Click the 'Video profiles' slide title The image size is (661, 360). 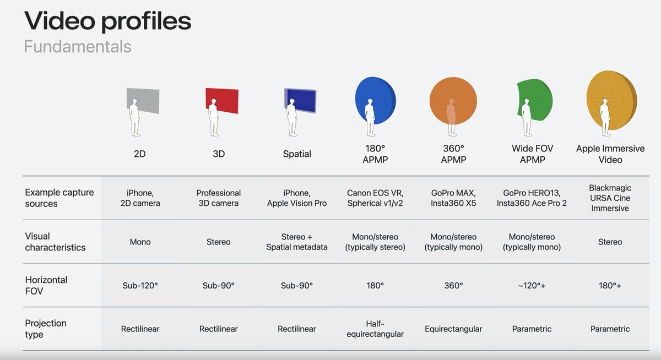click(107, 21)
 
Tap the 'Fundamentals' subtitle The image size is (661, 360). click(78, 47)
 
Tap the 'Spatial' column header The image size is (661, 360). click(297, 154)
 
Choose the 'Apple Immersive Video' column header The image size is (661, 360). click(610, 154)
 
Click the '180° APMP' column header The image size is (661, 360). click(375, 154)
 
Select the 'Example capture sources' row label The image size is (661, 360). click(59, 198)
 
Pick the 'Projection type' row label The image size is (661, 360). click(46, 329)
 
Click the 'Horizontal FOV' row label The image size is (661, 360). click(46, 285)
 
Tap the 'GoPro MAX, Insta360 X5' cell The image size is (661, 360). click(453, 198)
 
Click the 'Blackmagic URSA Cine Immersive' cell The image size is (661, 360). click(610, 198)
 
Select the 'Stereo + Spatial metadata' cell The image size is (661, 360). click(297, 242)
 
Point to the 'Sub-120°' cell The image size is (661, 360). click(140, 285)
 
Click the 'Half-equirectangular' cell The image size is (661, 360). click(375, 329)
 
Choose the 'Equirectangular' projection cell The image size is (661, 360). click(453, 329)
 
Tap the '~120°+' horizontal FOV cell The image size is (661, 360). click(532, 285)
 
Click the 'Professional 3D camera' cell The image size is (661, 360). click(218, 198)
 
